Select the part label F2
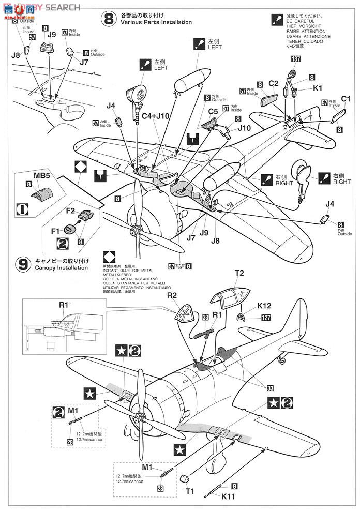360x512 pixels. [x=71, y=210]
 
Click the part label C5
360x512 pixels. [x=213, y=111]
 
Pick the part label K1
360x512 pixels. [x=317, y=88]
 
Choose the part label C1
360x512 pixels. [x=346, y=99]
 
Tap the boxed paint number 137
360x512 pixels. [x=295, y=58]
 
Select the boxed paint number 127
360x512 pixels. [x=266, y=318]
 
